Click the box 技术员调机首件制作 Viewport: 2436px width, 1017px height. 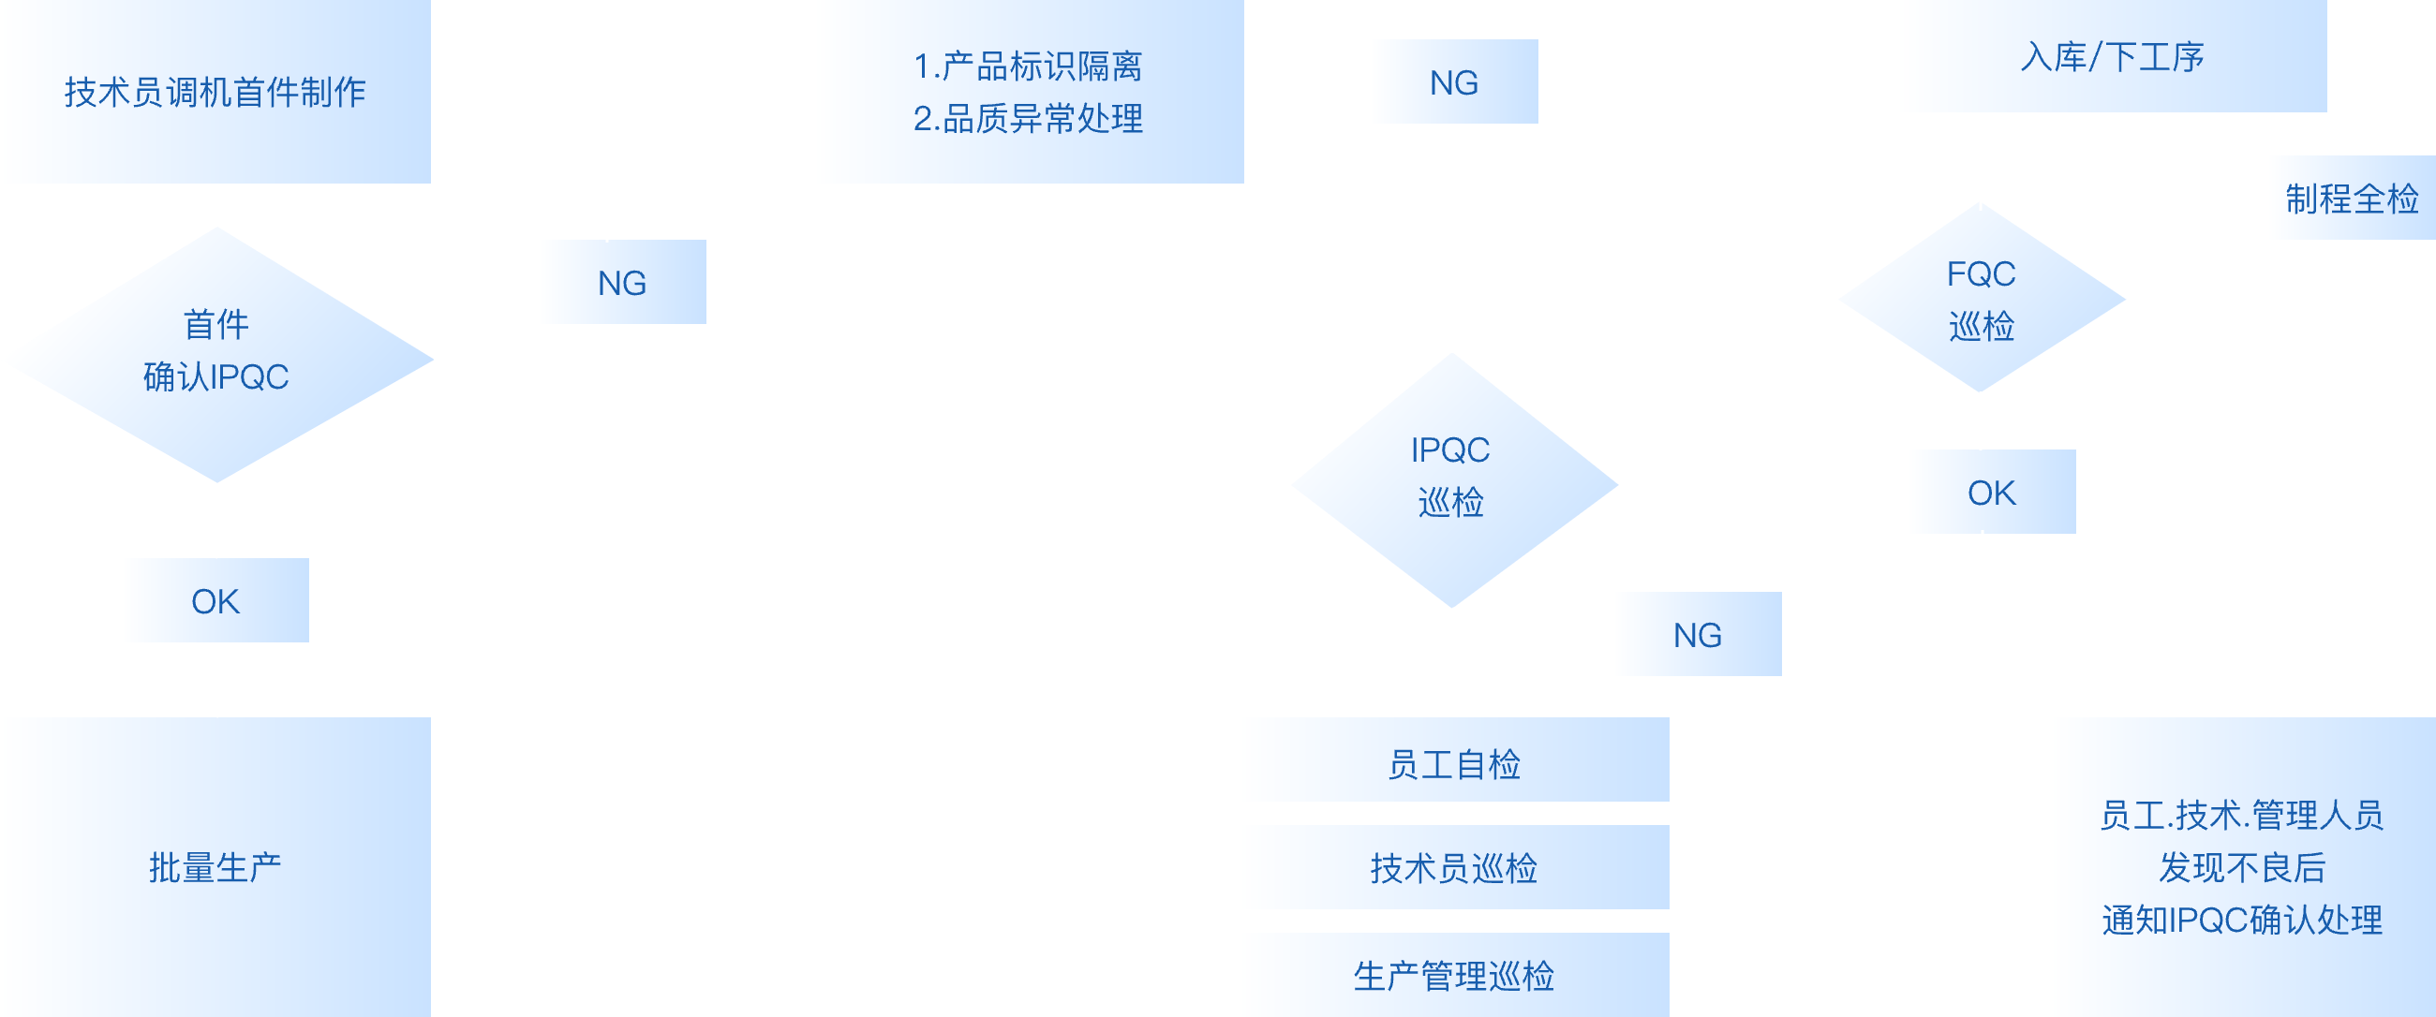[215, 92]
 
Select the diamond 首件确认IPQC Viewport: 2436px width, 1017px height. [216, 354]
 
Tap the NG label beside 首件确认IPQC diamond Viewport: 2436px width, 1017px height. [621, 283]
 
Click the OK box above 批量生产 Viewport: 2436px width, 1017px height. [215, 601]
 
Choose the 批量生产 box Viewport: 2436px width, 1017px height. [215, 867]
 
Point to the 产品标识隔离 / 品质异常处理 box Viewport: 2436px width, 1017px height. [1028, 92]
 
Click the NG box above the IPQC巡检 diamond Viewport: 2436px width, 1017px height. [1453, 82]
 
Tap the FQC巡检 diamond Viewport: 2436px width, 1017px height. [1982, 299]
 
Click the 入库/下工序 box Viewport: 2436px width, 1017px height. [2111, 57]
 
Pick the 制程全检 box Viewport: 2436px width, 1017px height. [2351, 199]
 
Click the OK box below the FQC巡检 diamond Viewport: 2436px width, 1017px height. [1991, 493]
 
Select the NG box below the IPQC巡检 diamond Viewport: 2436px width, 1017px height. [1697, 634]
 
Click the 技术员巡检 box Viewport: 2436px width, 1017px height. [1453, 868]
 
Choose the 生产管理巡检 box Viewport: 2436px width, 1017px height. [1453, 976]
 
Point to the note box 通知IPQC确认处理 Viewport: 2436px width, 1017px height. [2241, 867]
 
